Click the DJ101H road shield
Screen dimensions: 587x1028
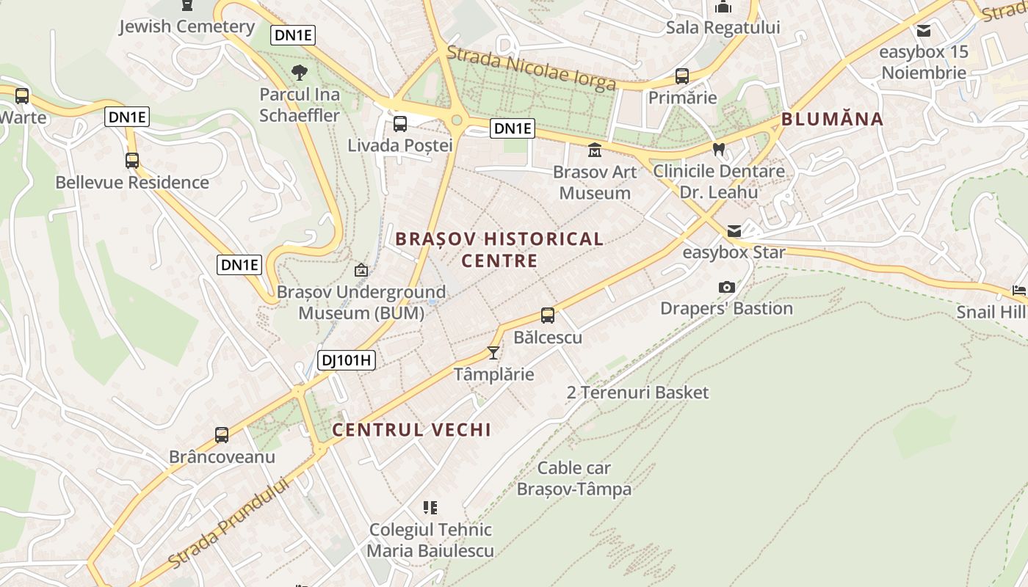347,360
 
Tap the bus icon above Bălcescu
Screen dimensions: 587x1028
548,316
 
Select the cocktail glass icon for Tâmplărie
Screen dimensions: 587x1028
493,353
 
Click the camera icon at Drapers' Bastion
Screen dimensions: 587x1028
726,287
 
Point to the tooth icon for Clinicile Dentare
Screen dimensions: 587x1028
719,149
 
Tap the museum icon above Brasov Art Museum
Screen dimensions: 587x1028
594,150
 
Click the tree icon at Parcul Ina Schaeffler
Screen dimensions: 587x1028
300,73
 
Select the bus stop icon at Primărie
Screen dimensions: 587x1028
682,76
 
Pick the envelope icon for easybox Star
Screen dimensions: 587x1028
734,231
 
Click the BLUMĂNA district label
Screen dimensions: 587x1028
832,119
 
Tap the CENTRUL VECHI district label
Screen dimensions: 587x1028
411,430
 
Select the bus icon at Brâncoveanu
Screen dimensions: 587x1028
222,435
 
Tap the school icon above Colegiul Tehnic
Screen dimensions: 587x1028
430,507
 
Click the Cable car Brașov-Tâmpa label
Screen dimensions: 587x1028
574,478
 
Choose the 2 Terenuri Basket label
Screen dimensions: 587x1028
637,393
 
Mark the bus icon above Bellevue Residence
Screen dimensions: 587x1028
132,161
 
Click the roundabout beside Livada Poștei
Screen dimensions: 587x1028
457,120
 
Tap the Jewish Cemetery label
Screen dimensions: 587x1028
187,27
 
